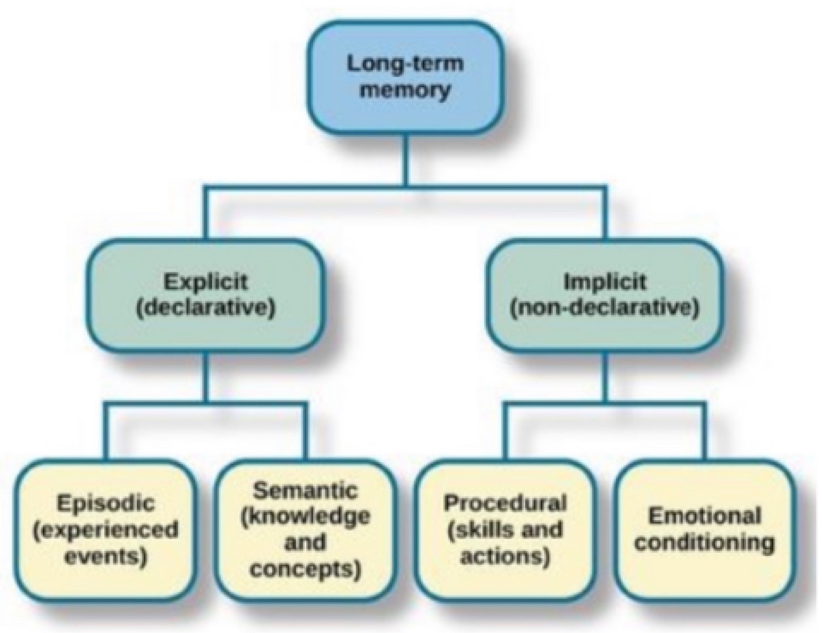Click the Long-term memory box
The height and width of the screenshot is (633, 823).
(405, 77)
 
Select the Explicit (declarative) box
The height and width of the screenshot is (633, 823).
(205, 295)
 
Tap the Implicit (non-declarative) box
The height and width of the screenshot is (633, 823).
(604, 295)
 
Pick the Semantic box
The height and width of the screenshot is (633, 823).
(305, 530)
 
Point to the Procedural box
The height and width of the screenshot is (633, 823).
(505, 530)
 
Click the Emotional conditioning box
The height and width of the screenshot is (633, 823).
(705, 530)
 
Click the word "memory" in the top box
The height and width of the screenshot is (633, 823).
(405, 90)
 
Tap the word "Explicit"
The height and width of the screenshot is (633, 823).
(205, 281)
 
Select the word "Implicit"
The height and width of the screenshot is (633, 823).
(605, 281)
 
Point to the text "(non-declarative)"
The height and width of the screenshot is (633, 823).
(605, 307)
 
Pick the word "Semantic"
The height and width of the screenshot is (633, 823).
(305, 490)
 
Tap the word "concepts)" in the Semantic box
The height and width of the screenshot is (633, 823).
(305, 569)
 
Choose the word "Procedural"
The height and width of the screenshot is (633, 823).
(505, 503)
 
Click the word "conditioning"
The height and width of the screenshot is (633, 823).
(705, 543)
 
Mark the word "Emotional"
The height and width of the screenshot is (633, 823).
(705, 516)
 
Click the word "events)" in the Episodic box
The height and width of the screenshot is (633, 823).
(105, 556)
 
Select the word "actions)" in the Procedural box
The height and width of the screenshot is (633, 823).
(505, 556)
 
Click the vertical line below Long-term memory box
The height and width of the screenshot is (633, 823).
(405, 159)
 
